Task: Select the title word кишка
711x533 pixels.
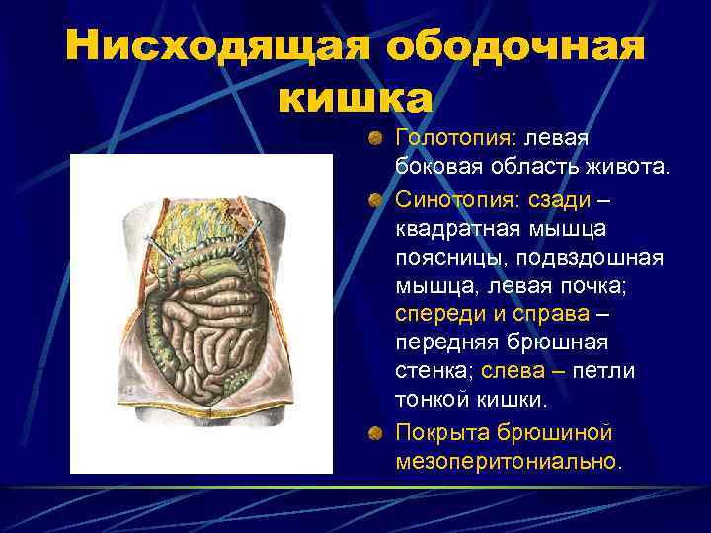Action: (355, 97)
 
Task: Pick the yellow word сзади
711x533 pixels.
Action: (560, 200)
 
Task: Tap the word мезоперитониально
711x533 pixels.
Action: (509, 461)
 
